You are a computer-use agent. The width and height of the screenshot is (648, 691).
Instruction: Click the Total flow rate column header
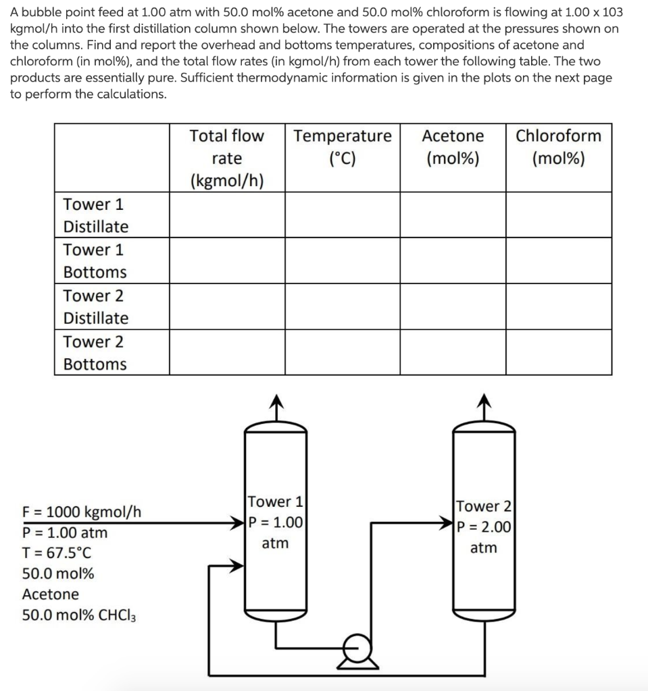(226, 158)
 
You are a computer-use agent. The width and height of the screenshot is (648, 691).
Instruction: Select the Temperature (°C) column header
(343, 147)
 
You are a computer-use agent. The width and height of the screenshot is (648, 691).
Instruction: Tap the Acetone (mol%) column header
(453, 147)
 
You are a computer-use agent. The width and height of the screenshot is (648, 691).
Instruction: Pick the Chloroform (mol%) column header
(558, 147)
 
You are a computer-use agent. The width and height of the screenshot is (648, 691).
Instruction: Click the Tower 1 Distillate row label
(95, 215)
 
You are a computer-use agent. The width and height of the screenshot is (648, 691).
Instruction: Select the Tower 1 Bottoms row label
(95, 260)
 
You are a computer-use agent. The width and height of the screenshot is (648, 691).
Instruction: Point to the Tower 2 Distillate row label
(95, 306)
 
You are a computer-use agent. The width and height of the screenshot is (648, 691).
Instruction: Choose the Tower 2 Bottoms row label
(95, 352)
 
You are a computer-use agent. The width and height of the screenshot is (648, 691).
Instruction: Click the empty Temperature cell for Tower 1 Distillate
(343, 215)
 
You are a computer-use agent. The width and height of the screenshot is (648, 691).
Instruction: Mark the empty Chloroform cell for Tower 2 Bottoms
(558, 352)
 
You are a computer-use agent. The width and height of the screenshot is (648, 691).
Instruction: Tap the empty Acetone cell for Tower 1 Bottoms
(453, 260)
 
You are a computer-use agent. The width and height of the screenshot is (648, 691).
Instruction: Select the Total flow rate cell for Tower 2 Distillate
(226, 306)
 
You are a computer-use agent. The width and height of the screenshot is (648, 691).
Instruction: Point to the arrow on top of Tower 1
(275, 404)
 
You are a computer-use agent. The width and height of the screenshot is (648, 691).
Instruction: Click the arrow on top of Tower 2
(483, 404)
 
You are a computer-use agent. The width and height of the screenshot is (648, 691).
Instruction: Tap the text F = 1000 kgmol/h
(82, 512)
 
